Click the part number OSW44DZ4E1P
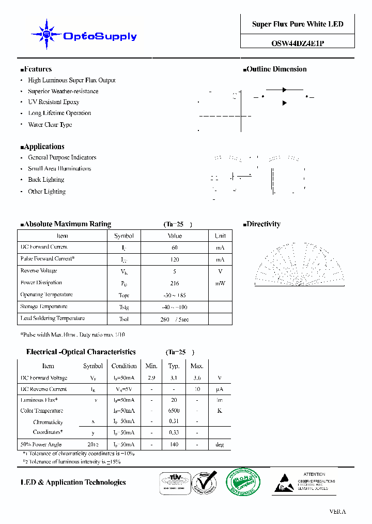coord(298,44)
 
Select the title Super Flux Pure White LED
coord(298,24)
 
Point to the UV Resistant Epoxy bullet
coord(54,102)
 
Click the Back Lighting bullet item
coord(46,180)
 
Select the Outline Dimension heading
coord(276,69)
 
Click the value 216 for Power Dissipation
coord(175,283)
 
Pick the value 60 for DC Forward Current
coord(175,248)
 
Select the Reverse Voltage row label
coord(39,271)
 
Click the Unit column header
coord(220,236)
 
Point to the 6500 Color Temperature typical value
coord(174,411)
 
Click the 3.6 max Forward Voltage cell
coord(197,378)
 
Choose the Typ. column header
coord(174,366)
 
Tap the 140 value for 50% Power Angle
coord(174,445)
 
